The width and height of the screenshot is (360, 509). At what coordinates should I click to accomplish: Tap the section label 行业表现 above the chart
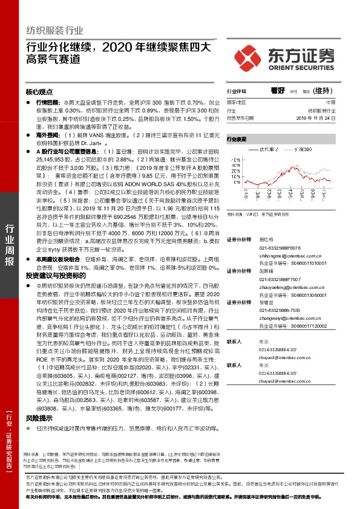pyautogui.click(x=237, y=138)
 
